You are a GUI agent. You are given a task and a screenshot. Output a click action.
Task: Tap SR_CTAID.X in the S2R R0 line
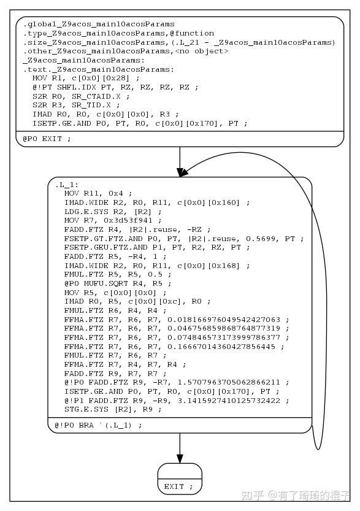(x=96, y=96)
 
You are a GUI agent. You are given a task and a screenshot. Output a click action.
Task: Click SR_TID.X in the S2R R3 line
(x=91, y=106)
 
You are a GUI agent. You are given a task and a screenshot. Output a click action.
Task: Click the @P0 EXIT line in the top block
(x=47, y=139)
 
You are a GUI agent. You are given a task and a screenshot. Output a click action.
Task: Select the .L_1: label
(x=67, y=185)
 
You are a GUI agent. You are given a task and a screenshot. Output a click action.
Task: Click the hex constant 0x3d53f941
(x=128, y=220)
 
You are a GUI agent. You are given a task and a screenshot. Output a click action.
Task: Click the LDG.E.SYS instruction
(x=86, y=212)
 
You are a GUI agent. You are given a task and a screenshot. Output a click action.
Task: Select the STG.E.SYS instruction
(x=86, y=409)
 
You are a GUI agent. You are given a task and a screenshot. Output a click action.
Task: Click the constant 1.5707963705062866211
(x=229, y=382)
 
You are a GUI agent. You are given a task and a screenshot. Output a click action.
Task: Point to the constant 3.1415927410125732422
(x=229, y=401)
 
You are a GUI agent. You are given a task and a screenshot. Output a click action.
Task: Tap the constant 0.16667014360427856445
(x=221, y=347)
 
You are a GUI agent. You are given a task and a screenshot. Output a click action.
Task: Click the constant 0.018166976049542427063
(x=224, y=320)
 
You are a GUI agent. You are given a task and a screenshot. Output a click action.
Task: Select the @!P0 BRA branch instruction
(x=98, y=425)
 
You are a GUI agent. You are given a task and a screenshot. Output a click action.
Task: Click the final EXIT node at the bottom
(x=180, y=479)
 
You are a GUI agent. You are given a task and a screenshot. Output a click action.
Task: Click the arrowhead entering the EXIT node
(x=180, y=458)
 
